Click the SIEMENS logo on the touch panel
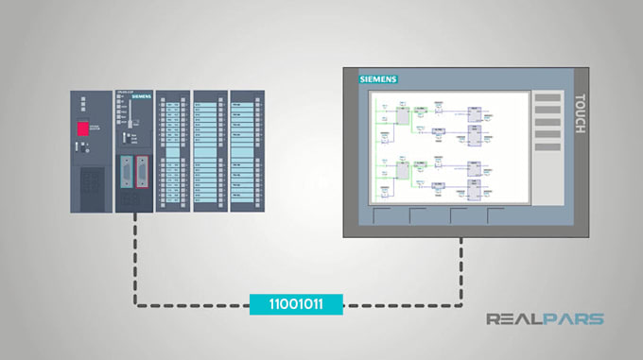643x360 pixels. pos(378,79)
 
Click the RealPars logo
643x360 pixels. pos(545,319)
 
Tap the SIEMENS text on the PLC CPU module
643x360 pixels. pos(141,97)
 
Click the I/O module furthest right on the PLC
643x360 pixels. pos(246,151)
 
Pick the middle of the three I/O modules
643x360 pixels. pos(208,151)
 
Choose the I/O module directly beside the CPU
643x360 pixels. pos(171,151)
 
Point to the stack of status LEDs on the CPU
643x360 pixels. pos(120,111)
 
